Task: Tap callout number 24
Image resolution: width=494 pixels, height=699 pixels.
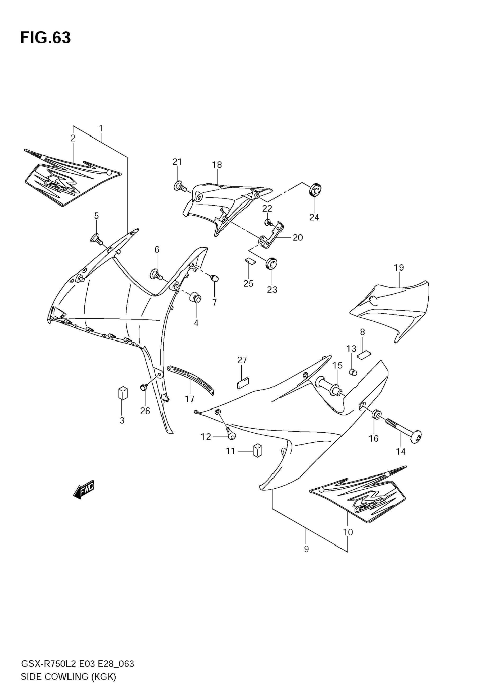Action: pyautogui.click(x=314, y=217)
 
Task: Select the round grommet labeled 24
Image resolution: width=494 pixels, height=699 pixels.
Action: pyautogui.click(x=315, y=190)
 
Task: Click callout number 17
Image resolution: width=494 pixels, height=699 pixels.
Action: pyautogui.click(x=189, y=399)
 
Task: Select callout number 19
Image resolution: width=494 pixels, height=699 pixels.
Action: pyautogui.click(x=398, y=268)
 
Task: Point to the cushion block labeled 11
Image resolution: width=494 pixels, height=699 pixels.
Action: pyautogui.click(x=257, y=450)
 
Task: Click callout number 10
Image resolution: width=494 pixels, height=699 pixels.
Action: pyautogui.click(x=348, y=532)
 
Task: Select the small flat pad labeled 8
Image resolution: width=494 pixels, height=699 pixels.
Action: pyautogui.click(x=364, y=355)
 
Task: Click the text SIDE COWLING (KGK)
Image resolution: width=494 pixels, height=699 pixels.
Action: pyautogui.click(x=68, y=677)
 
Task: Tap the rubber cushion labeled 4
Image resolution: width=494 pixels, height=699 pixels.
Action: pyautogui.click(x=196, y=298)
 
